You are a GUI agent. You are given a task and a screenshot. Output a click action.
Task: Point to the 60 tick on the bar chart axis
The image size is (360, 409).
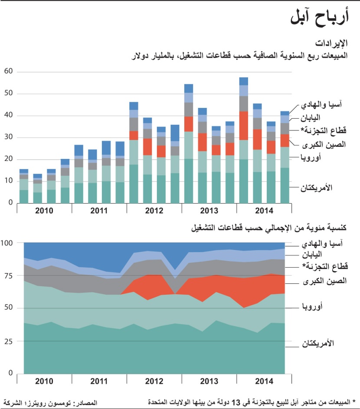(x=8, y=71)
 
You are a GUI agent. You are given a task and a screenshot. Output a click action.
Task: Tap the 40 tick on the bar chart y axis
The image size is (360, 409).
(x=8, y=116)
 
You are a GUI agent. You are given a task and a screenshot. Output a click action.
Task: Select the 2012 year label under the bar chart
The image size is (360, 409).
(x=154, y=211)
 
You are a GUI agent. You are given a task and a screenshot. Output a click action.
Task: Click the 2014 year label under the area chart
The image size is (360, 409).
(x=264, y=381)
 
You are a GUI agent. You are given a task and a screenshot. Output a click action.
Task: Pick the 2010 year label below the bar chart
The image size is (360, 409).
(x=44, y=211)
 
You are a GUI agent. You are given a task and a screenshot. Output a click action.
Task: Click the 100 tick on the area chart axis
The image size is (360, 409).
(x=8, y=243)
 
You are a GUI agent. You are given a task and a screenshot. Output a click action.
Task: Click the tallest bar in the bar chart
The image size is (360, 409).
(x=244, y=143)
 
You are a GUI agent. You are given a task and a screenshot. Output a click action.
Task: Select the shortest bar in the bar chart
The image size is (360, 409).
(x=38, y=191)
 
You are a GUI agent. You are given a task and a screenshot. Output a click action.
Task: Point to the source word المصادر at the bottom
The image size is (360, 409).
(x=85, y=403)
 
